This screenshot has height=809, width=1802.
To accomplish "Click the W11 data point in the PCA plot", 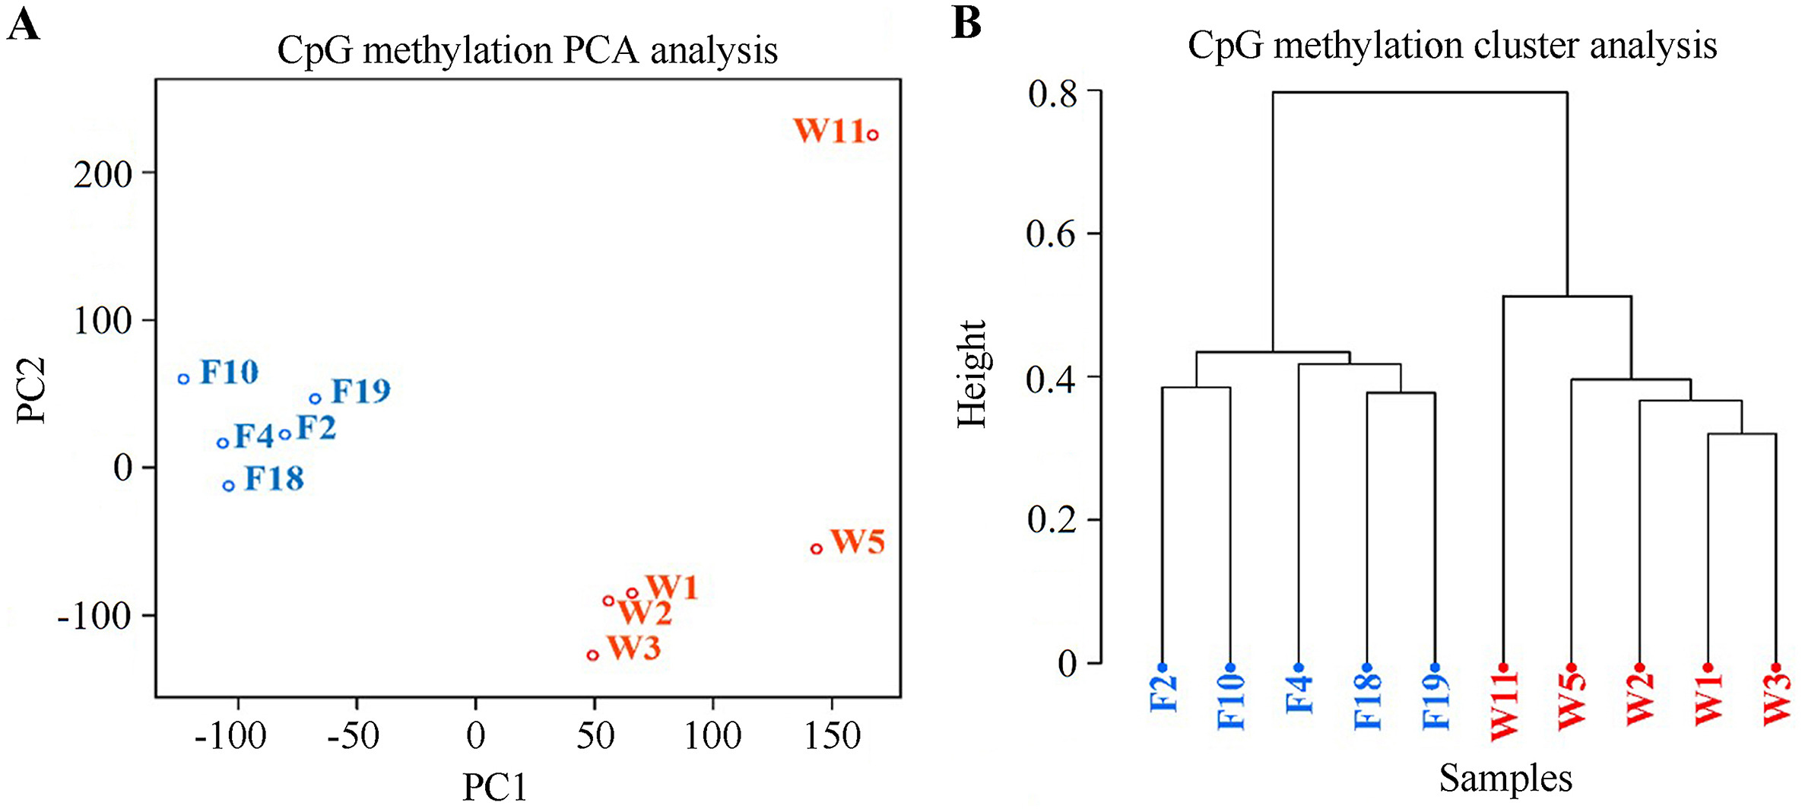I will (873, 135).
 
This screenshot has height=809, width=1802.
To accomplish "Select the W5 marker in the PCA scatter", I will (817, 549).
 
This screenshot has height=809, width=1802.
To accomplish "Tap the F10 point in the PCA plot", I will (183, 379).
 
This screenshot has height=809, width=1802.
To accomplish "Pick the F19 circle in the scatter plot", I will (316, 398).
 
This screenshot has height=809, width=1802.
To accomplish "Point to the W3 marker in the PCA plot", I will (593, 655).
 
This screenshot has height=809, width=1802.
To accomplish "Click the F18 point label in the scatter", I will (274, 479).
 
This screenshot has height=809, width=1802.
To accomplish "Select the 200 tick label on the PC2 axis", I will (103, 174).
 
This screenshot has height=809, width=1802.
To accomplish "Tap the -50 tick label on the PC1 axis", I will (353, 735).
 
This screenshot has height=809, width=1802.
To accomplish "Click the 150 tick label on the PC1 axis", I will (833, 735).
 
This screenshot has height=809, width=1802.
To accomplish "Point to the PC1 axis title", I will (495, 787).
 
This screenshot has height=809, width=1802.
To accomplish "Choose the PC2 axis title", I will (32, 390).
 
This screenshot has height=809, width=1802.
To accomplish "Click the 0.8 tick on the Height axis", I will (1052, 94).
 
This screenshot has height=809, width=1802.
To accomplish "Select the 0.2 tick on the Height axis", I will (1052, 520).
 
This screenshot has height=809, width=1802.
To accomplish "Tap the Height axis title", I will (972, 374).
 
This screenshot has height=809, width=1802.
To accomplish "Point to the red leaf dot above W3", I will (1776, 668).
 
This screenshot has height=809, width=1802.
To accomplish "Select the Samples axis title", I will (1505, 778).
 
